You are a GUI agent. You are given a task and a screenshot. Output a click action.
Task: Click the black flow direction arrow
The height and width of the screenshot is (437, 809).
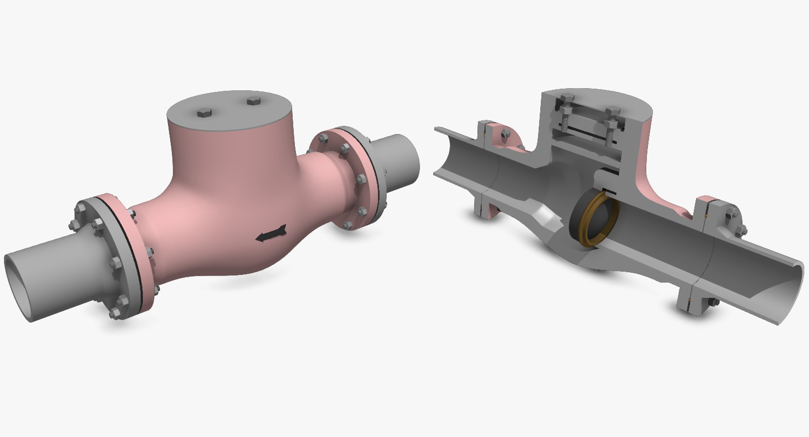271,234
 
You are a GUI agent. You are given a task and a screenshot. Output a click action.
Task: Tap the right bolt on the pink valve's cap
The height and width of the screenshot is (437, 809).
254,101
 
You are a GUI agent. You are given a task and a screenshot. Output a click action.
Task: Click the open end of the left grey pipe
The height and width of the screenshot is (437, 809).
17,286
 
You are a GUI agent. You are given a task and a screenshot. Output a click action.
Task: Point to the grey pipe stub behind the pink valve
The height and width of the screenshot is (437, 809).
400,162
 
